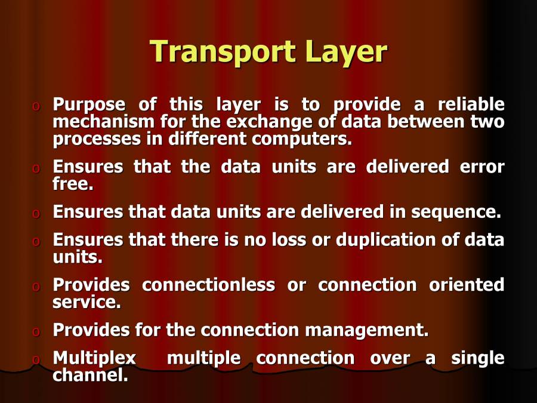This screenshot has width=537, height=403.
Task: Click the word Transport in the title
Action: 222,52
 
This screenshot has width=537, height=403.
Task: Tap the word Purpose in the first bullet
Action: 89,105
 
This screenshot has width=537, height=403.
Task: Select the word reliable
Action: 471,105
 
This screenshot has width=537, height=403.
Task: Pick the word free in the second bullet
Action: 72,184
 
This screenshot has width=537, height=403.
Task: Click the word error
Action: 482,167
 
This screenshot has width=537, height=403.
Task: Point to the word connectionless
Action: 208,285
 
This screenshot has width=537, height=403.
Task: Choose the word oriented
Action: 467,285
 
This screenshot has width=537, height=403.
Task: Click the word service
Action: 86,303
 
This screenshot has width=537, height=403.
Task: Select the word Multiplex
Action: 94,358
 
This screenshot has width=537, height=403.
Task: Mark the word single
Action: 477,358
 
